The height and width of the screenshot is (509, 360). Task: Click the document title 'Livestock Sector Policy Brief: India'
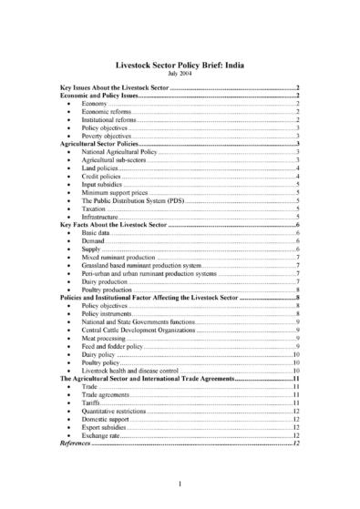coord(180,66)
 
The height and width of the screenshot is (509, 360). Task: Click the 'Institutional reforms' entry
coord(108,120)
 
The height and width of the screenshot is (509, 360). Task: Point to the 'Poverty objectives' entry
coord(104,137)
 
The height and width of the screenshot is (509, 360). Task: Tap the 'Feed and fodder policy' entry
coord(113,347)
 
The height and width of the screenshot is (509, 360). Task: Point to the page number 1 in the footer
coord(180,483)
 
